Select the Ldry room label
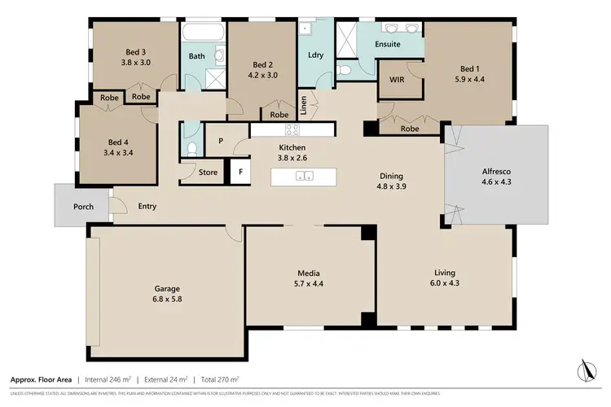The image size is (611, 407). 316,55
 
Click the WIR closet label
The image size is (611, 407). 398,80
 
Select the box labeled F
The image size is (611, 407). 240,173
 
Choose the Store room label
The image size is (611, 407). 209,173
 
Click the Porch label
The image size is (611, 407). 83,207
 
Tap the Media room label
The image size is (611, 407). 308,273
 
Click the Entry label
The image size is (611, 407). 147,207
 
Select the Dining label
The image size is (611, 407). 392,176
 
